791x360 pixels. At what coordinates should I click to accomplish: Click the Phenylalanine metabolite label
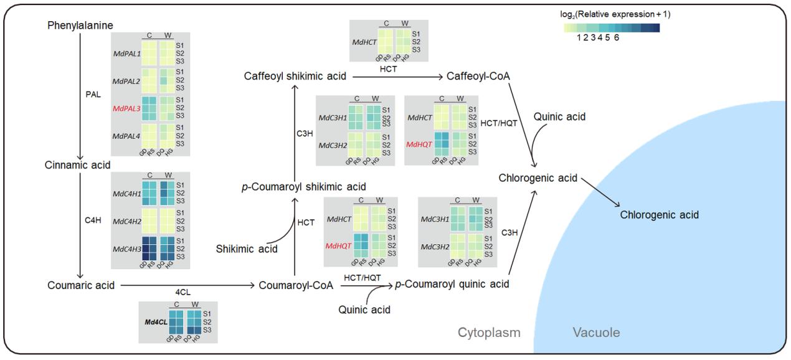click(x=80, y=26)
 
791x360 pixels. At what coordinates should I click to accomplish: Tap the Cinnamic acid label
click(x=77, y=165)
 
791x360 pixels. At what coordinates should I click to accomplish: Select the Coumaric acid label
click(x=81, y=285)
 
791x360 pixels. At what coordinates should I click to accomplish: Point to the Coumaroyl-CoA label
click(x=296, y=285)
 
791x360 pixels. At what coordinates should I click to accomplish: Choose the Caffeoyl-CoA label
click(x=478, y=76)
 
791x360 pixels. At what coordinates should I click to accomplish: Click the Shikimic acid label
click(x=247, y=249)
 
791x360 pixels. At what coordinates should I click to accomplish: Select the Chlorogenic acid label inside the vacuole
click(x=659, y=215)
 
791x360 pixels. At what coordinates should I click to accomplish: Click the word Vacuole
click(x=596, y=333)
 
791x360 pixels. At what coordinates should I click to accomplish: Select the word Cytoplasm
click(x=489, y=333)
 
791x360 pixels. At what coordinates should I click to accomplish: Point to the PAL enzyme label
click(x=92, y=95)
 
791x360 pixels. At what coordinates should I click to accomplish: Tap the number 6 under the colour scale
click(x=616, y=37)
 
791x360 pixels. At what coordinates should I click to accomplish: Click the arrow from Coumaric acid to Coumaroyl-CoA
click(x=187, y=285)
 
